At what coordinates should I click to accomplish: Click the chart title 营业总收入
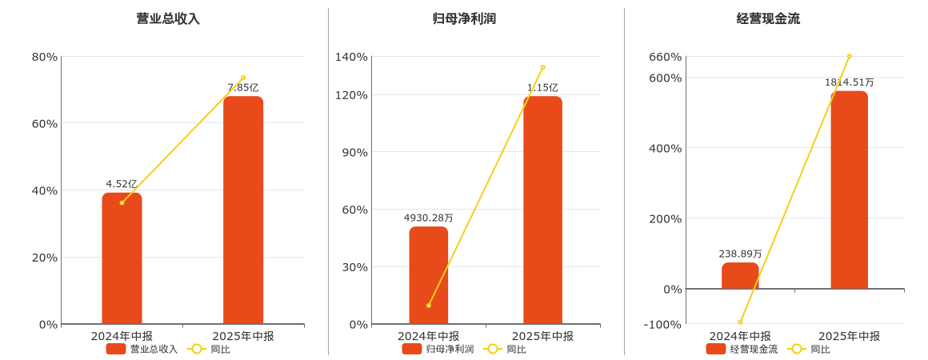click(x=168, y=18)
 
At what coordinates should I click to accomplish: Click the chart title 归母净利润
click(x=464, y=18)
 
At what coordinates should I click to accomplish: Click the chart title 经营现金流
click(x=768, y=18)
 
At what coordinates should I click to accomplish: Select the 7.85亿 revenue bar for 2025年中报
click(x=243, y=210)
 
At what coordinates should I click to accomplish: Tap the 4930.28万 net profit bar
click(x=429, y=275)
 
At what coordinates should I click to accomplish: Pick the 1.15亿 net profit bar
click(x=542, y=210)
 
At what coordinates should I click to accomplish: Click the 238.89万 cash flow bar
click(x=740, y=276)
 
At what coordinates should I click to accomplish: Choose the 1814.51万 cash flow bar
click(x=849, y=190)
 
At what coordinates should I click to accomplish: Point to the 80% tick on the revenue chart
click(x=45, y=57)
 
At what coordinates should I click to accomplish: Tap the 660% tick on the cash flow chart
click(x=666, y=57)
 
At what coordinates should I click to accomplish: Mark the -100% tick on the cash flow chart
click(x=663, y=324)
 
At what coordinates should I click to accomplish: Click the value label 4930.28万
click(x=428, y=218)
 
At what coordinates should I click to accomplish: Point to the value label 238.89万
click(x=740, y=254)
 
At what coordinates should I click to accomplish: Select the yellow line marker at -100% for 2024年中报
click(x=740, y=322)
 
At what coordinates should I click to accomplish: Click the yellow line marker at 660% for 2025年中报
click(x=849, y=57)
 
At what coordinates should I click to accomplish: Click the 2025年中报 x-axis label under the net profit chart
click(x=542, y=336)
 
